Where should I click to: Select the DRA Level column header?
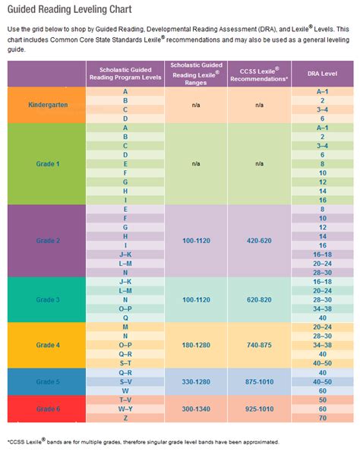click(x=322, y=74)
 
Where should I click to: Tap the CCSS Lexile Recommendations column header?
click(x=260, y=74)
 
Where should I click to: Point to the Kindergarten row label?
click(x=46, y=105)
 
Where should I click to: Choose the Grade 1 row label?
click(x=46, y=163)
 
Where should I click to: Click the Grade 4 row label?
click(x=46, y=344)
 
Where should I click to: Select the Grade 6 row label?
click(x=46, y=409)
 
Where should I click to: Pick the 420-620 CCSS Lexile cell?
click(x=260, y=240)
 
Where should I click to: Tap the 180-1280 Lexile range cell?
click(x=195, y=344)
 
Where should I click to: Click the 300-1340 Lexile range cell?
click(x=195, y=409)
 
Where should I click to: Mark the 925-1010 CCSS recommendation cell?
click(x=260, y=409)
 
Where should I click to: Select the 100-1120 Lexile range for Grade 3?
click(x=195, y=300)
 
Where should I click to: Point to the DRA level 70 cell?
click(x=322, y=418)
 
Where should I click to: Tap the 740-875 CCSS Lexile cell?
click(x=260, y=344)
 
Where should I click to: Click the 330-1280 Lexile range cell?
click(x=195, y=382)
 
